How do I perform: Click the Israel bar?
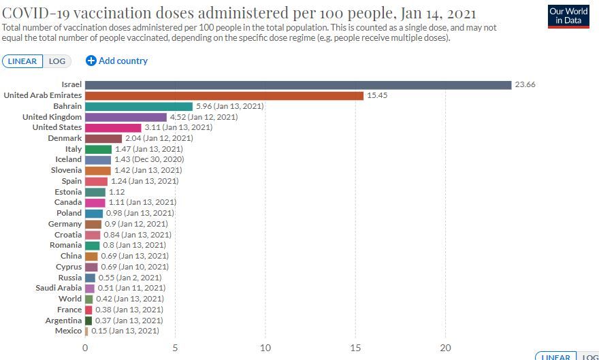[298, 85]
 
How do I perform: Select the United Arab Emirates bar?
[225, 96]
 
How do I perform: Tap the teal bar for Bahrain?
[139, 106]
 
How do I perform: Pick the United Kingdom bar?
[126, 117]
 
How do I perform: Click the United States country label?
[57, 127]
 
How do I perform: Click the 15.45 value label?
[377, 96]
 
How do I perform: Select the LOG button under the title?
[57, 61]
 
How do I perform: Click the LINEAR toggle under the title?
[23, 61]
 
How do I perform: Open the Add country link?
[117, 61]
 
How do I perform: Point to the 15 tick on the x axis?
[355, 348]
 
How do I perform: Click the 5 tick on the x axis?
[175, 348]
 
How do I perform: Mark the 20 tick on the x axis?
[445, 348]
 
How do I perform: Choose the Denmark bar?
[103, 138]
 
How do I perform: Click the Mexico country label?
[68, 331]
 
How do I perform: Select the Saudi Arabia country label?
[59, 288]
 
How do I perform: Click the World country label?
[70, 299]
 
